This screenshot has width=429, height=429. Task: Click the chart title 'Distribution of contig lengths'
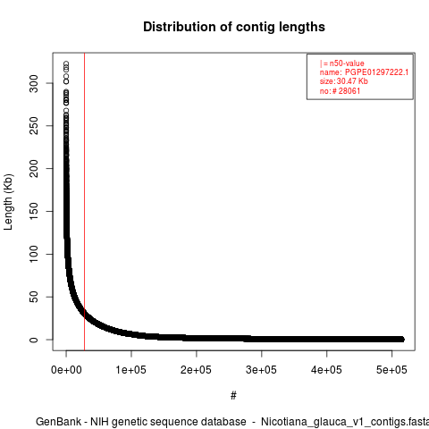[x=234, y=27]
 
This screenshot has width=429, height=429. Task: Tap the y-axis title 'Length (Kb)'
[x=8, y=202]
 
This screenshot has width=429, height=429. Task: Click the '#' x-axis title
[x=233, y=396]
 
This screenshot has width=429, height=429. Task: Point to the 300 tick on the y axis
[x=34, y=83]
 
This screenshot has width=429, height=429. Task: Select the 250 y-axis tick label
[x=34, y=126]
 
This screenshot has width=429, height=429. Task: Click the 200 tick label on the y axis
[x=34, y=168]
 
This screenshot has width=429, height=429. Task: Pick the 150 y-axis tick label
[x=34, y=211]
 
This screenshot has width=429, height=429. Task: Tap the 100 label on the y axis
[x=34, y=254]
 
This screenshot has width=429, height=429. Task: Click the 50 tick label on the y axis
[x=34, y=297]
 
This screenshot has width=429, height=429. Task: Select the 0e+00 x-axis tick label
[x=66, y=370]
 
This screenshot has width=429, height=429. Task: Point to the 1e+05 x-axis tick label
[x=131, y=370]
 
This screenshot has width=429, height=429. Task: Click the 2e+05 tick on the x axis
[x=196, y=370]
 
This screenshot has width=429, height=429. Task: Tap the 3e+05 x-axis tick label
[x=261, y=370]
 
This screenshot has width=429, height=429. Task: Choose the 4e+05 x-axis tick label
[x=326, y=370]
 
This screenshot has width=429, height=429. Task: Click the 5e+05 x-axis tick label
[x=391, y=370]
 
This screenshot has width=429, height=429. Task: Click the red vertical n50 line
[x=85, y=202]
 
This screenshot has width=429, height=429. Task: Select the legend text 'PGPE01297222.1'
[x=376, y=72]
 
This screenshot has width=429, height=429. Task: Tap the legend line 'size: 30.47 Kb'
[x=344, y=81]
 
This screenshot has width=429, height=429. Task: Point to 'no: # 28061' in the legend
[x=340, y=91]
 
